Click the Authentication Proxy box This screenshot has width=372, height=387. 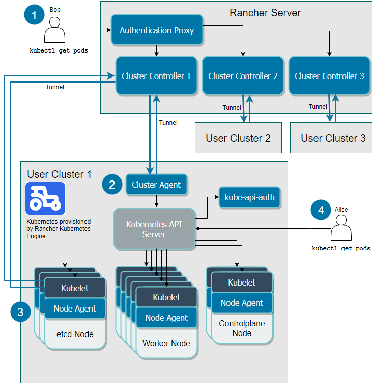(x=157, y=30)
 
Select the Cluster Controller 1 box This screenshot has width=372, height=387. (x=156, y=76)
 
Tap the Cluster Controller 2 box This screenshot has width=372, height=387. (x=243, y=76)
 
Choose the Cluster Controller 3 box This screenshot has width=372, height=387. (x=329, y=76)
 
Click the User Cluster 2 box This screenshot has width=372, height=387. (x=238, y=138)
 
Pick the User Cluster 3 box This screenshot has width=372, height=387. (x=333, y=138)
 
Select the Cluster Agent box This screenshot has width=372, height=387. (x=156, y=185)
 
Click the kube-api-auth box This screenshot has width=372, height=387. (x=249, y=196)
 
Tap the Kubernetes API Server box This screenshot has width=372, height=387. (x=154, y=229)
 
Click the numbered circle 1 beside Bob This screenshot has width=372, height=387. (x=35, y=16)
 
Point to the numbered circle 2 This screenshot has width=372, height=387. (x=112, y=184)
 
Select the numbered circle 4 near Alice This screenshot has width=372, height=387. (x=321, y=210)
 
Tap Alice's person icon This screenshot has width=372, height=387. (x=341, y=228)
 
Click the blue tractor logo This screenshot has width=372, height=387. (x=45, y=198)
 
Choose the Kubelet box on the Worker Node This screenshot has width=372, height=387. (x=166, y=297)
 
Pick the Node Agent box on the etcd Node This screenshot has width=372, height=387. (x=75, y=308)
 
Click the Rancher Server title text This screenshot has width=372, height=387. (x=265, y=12)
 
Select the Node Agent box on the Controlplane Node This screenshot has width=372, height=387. (x=242, y=303)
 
